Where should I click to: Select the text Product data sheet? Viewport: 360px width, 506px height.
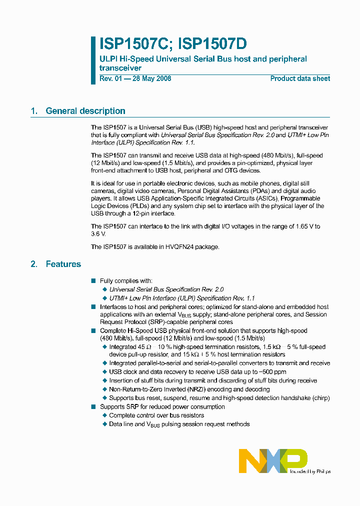[x=300, y=78]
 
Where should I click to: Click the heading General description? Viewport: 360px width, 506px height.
[x=85, y=111]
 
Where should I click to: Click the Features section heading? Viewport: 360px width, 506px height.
[x=63, y=264]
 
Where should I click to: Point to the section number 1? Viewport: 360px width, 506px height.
[x=34, y=111]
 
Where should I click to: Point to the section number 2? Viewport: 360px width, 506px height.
[x=34, y=264]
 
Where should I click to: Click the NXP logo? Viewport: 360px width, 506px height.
[x=272, y=460]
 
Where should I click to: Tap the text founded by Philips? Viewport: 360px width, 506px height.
[x=310, y=471]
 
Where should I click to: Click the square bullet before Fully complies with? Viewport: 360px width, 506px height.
[x=93, y=281]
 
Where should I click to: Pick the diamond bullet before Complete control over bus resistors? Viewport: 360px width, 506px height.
[x=104, y=415]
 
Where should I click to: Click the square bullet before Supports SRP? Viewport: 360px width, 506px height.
[x=93, y=407]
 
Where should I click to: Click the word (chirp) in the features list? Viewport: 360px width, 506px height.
[x=319, y=398]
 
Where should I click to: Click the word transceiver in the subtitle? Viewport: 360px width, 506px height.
[x=120, y=68]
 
